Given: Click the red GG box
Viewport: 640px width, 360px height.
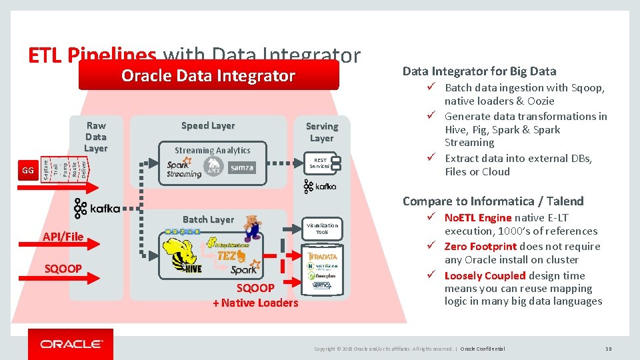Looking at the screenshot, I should pyautogui.click(x=27, y=171).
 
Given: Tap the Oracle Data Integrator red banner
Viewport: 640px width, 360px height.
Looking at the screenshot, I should pyautogui.click(x=208, y=76).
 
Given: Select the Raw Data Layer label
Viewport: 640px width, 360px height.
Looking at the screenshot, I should pyautogui.click(x=95, y=137).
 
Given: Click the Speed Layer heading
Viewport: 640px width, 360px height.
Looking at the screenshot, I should pyautogui.click(x=208, y=125).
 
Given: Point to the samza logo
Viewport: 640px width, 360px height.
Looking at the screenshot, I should pyautogui.click(x=241, y=168).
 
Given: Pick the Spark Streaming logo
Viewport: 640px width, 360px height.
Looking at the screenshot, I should pyautogui.click(x=183, y=169).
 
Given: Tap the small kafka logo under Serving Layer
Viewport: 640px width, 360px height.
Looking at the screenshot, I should pyautogui.click(x=321, y=187).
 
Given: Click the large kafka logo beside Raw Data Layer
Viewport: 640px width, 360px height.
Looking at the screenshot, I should pyautogui.click(x=97, y=209).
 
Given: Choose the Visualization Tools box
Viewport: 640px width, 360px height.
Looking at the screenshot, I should pyautogui.click(x=322, y=229).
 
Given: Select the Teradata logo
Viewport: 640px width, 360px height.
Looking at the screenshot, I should pyautogui.click(x=323, y=256).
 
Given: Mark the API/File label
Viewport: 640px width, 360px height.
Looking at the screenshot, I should pyautogui.click(x=63, y=236).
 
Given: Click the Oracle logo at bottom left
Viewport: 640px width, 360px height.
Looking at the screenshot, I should pyautogui.click(x=71, y=344).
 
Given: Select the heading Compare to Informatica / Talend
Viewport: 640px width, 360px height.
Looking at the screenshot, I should pyautogui.click(x=493, y=201).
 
